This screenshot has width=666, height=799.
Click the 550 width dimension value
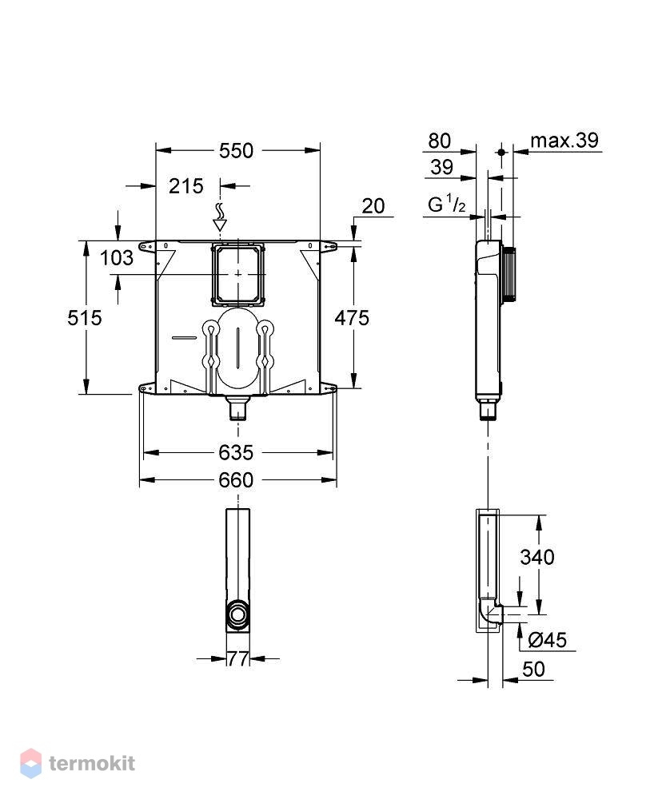[236, 150]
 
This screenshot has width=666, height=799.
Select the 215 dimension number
[186, 186]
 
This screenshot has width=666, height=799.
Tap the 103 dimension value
[116, 258]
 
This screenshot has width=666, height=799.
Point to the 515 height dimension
[85, 318]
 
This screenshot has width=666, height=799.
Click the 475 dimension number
[352, 318]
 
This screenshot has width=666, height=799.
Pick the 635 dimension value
[236, 452]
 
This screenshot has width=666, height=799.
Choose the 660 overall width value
[236, 480]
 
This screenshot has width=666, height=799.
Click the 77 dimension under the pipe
[237, 659]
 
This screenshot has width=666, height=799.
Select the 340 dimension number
[537, 557]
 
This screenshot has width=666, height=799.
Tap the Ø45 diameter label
[547, 640]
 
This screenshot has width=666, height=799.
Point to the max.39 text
[564, 140]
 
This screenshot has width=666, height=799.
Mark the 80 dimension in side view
[439, 141]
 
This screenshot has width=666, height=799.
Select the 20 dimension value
[373, 206]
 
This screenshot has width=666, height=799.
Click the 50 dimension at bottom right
[533, 669]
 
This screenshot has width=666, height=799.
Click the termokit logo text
[92, 763]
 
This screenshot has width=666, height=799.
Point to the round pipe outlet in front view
[237, 614]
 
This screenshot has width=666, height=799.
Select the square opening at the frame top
[238, 275]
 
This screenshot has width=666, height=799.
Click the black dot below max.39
[501, 152]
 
